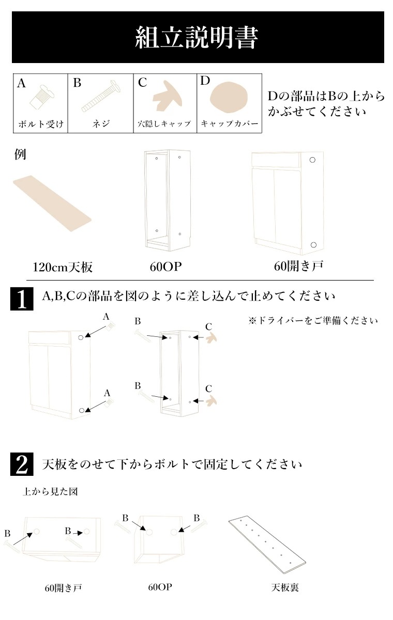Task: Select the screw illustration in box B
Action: coord(101,97)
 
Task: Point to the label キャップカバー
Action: coord(229,125)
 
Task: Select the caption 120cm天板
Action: coord(63,267)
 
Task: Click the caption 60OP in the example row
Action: coord(162,267)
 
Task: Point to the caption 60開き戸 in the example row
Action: coord(298,267)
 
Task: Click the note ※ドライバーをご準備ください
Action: coord(313,321)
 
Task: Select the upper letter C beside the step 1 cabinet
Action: coord(208,326)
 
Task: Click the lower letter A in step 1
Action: coord(107,393)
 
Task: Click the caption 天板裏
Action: coord(285,587)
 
